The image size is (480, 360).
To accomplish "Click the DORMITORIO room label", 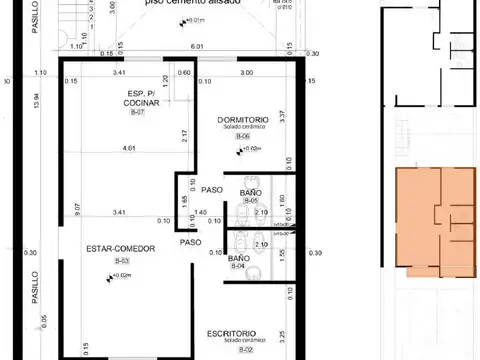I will pos(242,119).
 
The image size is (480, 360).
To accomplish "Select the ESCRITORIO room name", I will pos(232,333).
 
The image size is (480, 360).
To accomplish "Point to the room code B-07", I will pos(138,113).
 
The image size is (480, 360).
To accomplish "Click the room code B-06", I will pos(244,136).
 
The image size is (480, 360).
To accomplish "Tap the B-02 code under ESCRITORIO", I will pos(245,350).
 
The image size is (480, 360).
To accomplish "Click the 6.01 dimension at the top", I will pos(197,46).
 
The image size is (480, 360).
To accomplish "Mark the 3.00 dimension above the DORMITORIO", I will pos(245,73).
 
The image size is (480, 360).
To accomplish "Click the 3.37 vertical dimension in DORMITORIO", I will pos(283,116).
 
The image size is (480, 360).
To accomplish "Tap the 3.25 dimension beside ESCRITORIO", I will pos(284,335).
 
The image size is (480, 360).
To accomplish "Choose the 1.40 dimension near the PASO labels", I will pos(200,213).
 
